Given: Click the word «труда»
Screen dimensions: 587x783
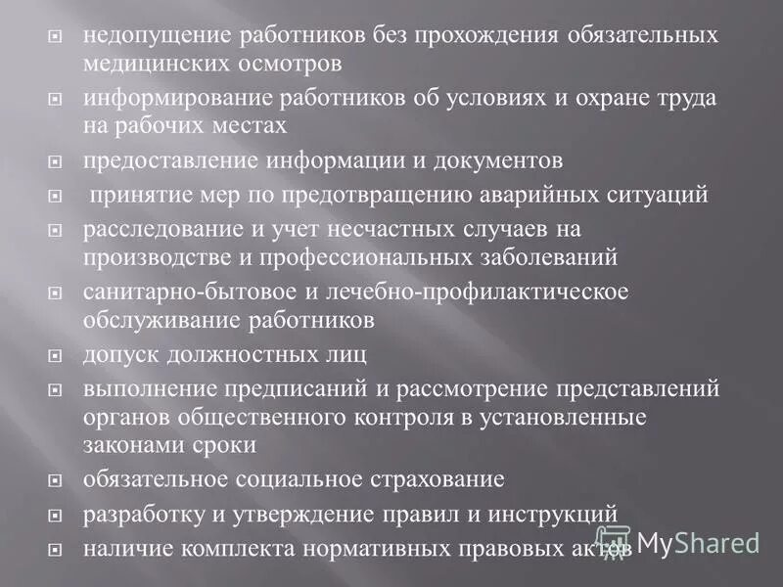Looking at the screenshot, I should [x=685, y=99].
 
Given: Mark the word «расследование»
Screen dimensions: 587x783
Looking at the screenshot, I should [x=152, y=231].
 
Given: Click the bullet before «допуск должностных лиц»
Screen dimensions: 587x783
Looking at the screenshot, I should [x=56, y=356].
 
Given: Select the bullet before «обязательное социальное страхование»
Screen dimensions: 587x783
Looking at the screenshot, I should [x=56, y=480].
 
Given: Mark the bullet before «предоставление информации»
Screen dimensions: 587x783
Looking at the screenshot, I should [x=56, y=160].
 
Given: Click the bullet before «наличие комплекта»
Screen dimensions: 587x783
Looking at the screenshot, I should [x=56, y=548].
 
